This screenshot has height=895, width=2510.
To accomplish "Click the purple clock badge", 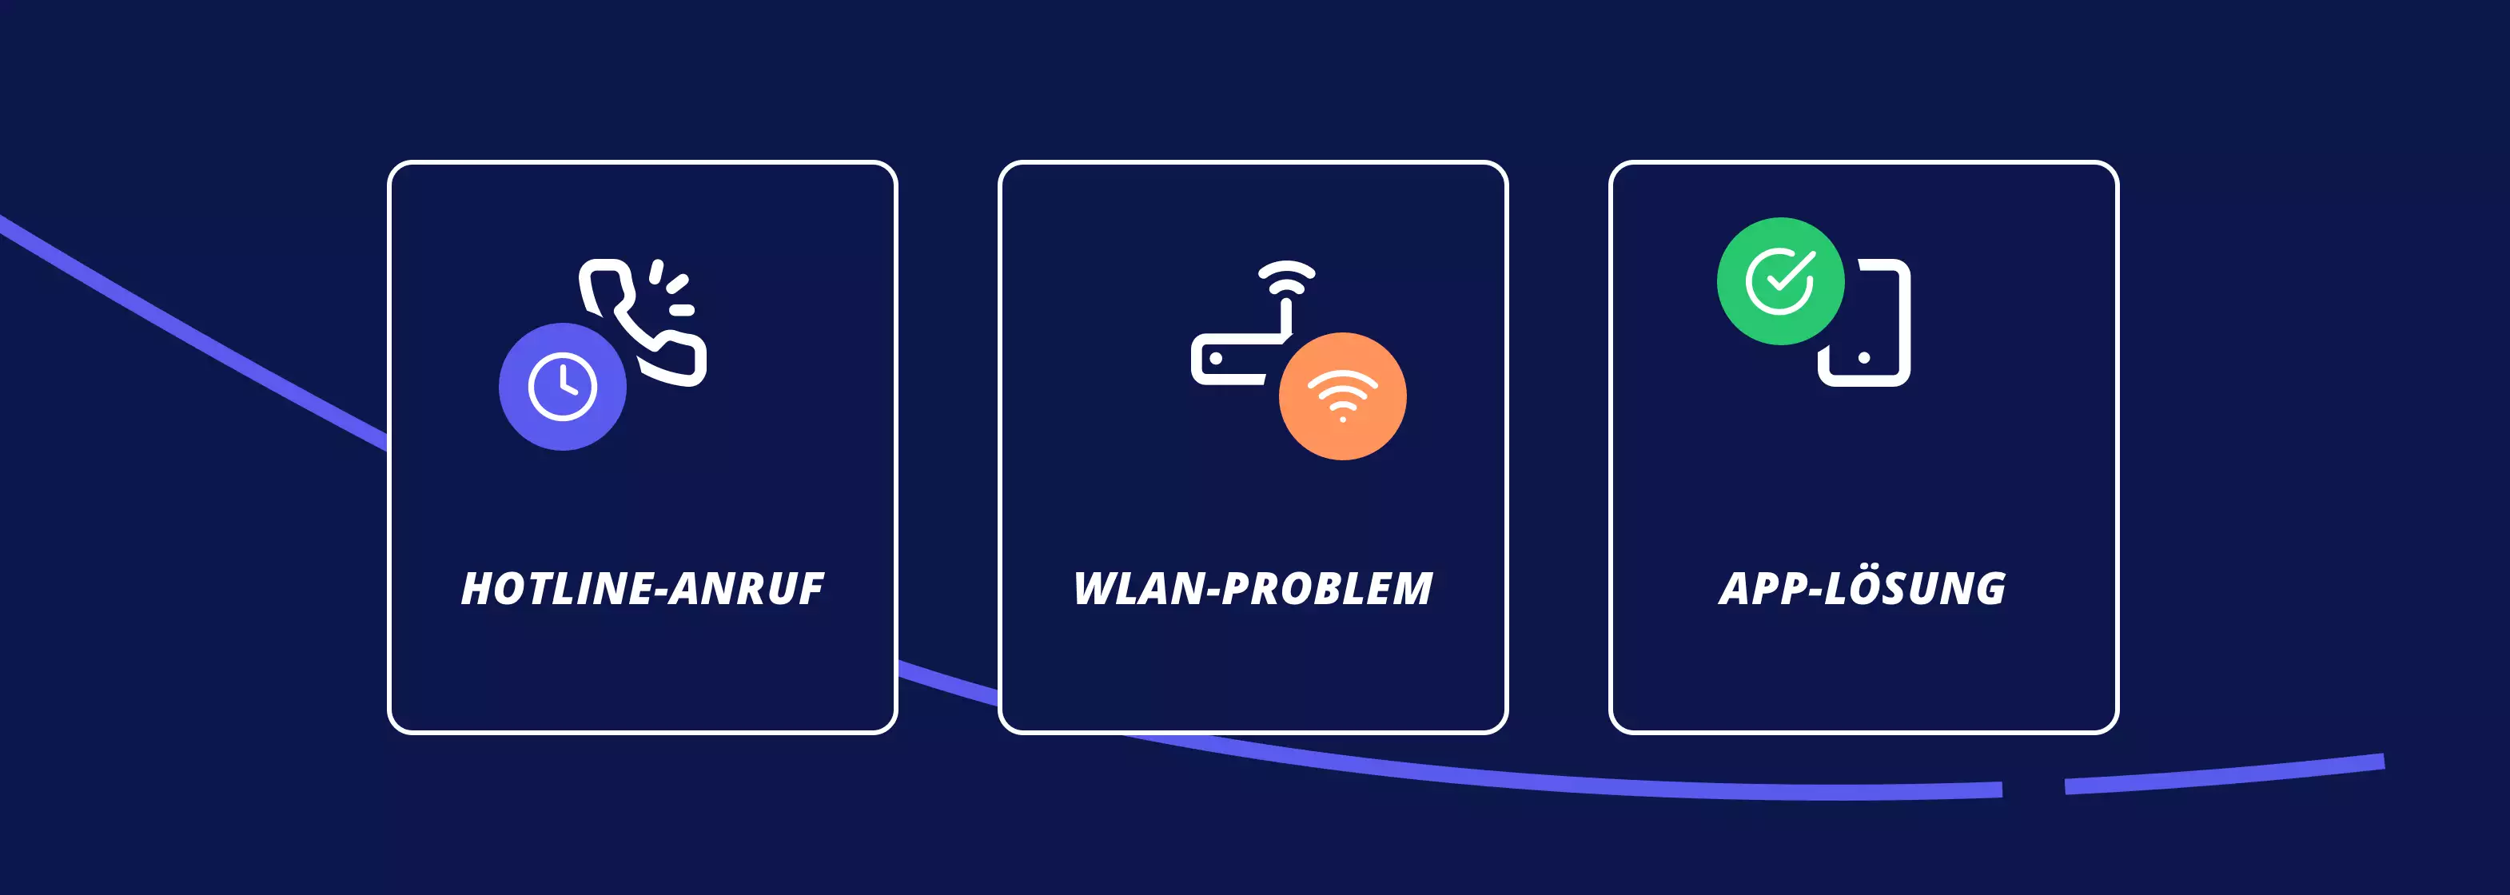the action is point(562,387).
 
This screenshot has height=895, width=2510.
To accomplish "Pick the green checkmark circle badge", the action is point(1780,281).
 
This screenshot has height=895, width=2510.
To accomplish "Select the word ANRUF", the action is point(747,589).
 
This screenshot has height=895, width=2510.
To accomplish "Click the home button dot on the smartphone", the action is point(1864,357).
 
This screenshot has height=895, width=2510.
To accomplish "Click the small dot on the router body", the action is point(1216,358).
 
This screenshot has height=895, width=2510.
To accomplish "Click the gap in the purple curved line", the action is point(2034,787).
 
